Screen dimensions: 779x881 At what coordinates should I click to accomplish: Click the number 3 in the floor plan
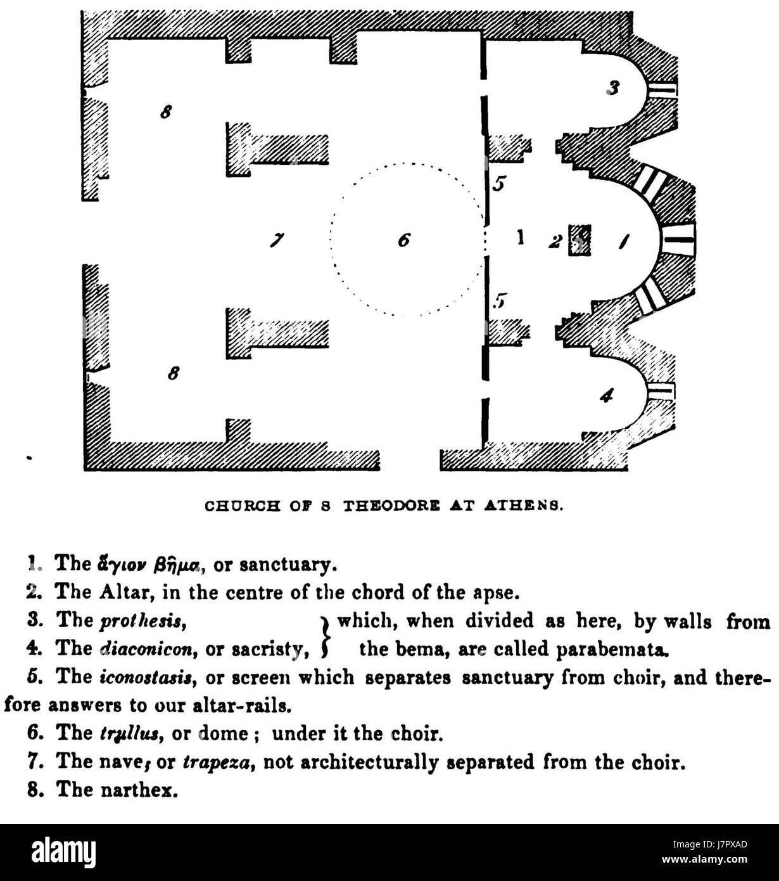(x=613, y=88)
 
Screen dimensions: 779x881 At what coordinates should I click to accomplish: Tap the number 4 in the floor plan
(x=607, y=395)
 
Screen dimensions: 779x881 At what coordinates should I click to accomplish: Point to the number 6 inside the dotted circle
(x=404, y=240)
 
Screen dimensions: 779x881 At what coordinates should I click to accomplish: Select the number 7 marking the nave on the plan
(x=277, y=240)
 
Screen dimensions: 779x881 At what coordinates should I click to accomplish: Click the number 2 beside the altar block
(x=555, y=241)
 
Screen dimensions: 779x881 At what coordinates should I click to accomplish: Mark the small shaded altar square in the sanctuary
(x=580, y=240)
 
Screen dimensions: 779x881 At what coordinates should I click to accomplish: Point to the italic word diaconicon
(x=146, y=650)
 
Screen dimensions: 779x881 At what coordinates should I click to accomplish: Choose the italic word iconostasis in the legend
(x=146, y=678)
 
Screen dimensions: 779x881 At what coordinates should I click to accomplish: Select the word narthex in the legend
(x=139, y=790)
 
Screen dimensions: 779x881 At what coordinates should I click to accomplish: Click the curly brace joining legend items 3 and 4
(x=325, y=636)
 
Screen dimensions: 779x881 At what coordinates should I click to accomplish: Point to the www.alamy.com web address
(x=704, y=859)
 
